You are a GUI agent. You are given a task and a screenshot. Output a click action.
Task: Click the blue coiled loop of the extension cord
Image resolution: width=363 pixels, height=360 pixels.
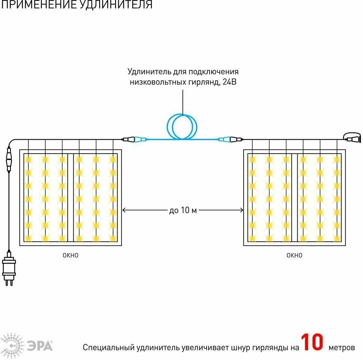click(182, 127)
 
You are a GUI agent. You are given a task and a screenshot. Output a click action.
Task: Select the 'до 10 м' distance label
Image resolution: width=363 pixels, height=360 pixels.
click(183, 211)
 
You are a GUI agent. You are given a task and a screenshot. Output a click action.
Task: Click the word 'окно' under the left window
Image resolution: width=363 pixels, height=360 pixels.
click(70, 255)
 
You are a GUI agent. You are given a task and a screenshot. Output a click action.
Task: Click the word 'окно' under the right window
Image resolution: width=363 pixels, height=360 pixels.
click(294, 255)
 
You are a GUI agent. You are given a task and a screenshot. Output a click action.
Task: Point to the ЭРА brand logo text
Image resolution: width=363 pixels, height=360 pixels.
click(40, 346)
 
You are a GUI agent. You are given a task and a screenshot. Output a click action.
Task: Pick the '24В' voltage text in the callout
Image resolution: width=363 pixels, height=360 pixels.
click(229, 82)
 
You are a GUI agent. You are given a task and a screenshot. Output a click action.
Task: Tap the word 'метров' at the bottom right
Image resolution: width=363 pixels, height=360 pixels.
click(342, 347)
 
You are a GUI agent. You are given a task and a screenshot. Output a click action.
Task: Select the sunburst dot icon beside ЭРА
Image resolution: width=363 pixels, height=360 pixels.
click(12, 346)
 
